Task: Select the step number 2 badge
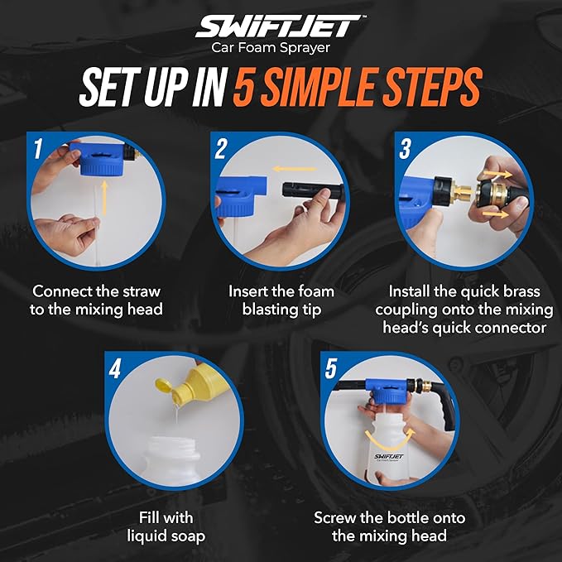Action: (x=221, y=149)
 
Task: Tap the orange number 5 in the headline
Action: (x=245, y=89)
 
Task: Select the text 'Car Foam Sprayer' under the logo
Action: (x=281, y=48)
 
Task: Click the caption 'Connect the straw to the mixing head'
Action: (x=96, y=300)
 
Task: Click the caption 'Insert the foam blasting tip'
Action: (x=281, y=300)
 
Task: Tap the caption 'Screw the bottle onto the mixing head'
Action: (x=389, y=526)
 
